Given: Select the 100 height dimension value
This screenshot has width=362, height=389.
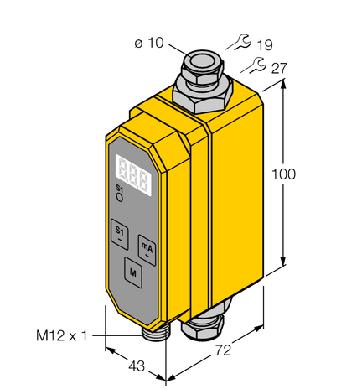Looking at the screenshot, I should (x=285, y=174).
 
